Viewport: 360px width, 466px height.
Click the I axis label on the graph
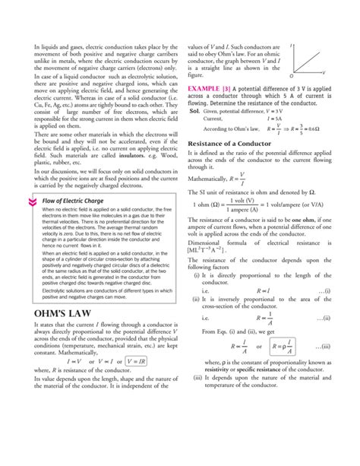tap(292, 46)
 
